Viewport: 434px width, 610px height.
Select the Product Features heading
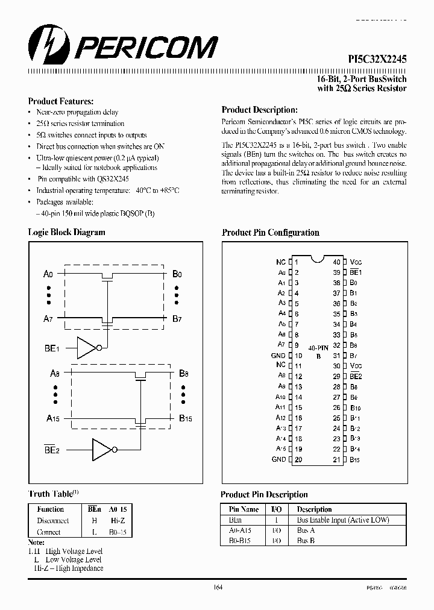(61, 101)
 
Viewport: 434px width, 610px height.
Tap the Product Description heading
(259, 110)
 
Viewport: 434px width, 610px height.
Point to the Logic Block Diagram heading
(66, 232)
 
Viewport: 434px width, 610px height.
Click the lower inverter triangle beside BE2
(101, 448)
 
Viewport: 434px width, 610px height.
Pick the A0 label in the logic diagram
(49, 274)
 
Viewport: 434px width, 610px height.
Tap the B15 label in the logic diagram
(185, 417)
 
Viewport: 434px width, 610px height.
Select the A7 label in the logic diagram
(49, 318)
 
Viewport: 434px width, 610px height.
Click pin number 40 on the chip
(336, 262)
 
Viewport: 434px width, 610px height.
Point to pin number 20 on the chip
(298, 460)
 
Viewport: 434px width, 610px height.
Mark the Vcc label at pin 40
(356, 262)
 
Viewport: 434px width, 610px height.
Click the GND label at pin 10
(278, 356)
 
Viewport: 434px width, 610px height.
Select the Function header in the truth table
(51, 509)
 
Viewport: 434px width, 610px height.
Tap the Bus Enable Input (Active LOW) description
(343, 520)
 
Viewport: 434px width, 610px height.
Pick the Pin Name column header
(244, 509)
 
